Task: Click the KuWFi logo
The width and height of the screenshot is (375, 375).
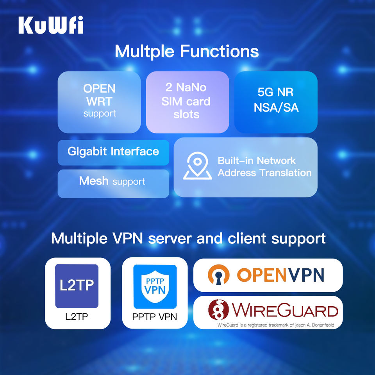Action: pos(50,25)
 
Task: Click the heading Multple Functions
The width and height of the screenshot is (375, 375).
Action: pos(187,51)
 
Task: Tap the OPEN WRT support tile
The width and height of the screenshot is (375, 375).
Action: pos(99,102)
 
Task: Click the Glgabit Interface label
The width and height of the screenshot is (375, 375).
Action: pos(113,152)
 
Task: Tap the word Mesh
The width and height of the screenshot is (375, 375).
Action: pos(94,181)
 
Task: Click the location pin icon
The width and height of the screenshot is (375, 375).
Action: pos(198,166)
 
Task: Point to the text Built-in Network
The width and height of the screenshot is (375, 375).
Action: pos(257,161)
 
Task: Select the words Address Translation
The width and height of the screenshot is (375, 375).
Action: pos(264,173)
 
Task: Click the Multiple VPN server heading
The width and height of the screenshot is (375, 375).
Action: pos(188,238)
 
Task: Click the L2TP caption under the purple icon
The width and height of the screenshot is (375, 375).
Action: pos(77,316)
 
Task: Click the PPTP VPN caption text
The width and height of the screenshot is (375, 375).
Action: pos(155,316)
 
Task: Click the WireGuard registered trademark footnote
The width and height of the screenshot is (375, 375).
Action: pos(275,325)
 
